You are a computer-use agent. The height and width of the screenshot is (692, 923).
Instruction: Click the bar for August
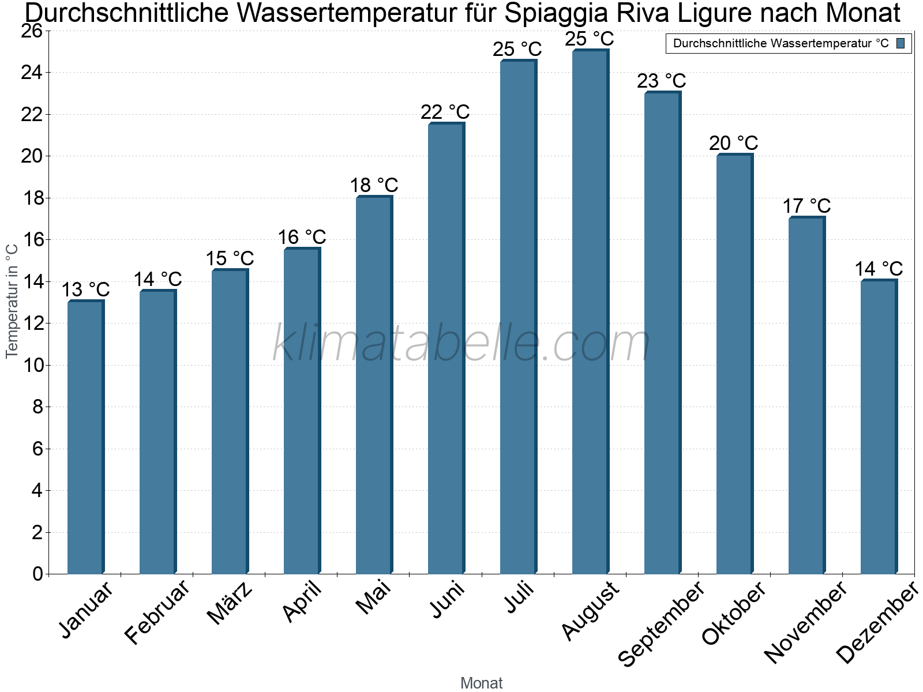590,311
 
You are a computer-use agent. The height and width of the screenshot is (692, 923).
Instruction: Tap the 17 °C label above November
806,206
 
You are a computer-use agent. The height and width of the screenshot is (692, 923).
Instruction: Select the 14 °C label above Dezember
878,269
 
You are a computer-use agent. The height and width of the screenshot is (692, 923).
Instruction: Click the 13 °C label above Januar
85,289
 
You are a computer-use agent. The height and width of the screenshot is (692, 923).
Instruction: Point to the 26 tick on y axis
32,31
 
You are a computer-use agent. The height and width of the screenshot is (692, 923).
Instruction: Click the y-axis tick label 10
32,365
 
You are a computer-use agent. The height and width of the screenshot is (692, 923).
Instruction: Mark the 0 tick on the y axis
38,574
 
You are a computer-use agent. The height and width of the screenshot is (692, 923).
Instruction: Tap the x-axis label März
230,603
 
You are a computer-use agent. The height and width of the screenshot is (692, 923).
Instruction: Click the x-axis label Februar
157,611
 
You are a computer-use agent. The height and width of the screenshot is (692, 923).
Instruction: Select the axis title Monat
481,683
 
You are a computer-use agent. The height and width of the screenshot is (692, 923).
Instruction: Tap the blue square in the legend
901,43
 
